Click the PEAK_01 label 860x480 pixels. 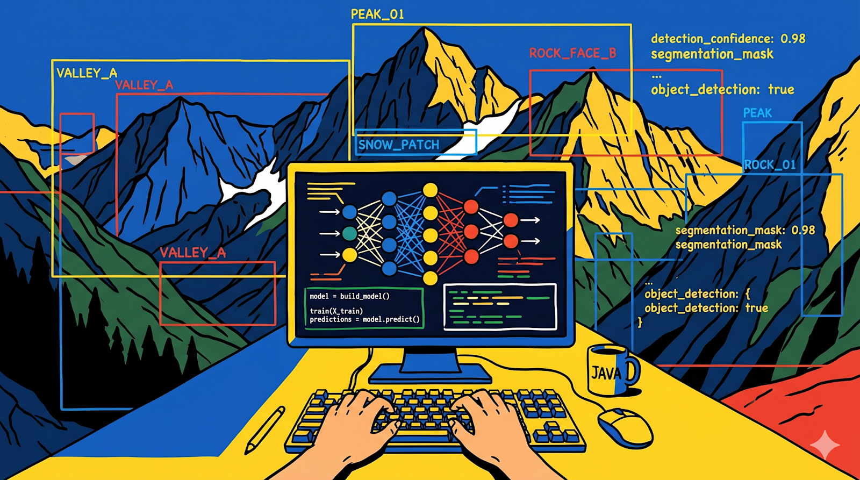[377, 15]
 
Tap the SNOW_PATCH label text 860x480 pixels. [398, 145]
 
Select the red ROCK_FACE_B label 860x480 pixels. [572, 53]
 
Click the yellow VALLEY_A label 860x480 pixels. [87, 73]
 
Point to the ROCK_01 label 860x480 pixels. [770, 164]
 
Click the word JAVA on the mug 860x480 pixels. [606, 373]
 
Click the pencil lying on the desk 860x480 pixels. [266, 429]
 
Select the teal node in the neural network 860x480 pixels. [349, 233]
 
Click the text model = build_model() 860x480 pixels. [349, 296]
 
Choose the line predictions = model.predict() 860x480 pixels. [365, 319]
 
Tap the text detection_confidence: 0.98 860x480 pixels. [728, 39]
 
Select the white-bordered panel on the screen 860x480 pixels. [500, 306]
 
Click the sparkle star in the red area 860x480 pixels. [825, 445]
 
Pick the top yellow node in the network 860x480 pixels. [430, 190]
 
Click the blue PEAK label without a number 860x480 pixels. [757, 113]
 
